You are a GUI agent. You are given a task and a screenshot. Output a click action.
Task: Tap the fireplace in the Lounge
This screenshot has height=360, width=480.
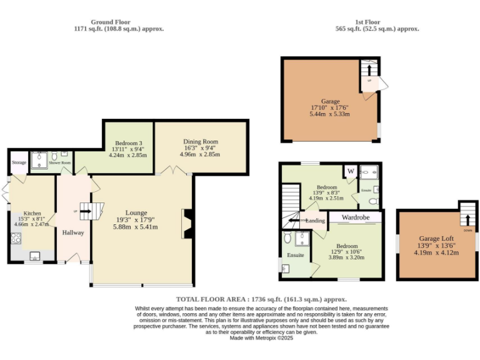[x=186, y=224]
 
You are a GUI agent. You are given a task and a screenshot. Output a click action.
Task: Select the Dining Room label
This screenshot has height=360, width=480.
[x=200, y=142]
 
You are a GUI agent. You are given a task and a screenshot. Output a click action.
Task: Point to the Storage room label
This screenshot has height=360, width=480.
[x=19, y=162]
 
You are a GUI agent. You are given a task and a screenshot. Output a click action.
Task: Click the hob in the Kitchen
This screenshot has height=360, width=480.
[x=16, y=238]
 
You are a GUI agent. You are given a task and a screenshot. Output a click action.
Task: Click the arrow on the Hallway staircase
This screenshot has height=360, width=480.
[x=85, y=211]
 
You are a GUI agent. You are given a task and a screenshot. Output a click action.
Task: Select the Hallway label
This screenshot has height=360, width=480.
[x=72, y=232]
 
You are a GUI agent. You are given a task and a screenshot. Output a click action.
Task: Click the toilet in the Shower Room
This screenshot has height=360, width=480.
[x=55, y=156]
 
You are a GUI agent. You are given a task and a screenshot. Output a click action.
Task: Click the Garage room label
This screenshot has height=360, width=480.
[x=330, y=101]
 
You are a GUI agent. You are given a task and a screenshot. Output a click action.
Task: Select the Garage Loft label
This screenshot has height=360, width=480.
[x=436, y=238]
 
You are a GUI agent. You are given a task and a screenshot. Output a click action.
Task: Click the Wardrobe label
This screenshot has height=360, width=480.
[x=355, y=217]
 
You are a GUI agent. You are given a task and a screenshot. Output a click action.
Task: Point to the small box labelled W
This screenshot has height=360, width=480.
[x=350, y=171]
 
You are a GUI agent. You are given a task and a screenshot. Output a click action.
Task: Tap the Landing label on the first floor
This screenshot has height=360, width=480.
[x=316, y=221]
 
